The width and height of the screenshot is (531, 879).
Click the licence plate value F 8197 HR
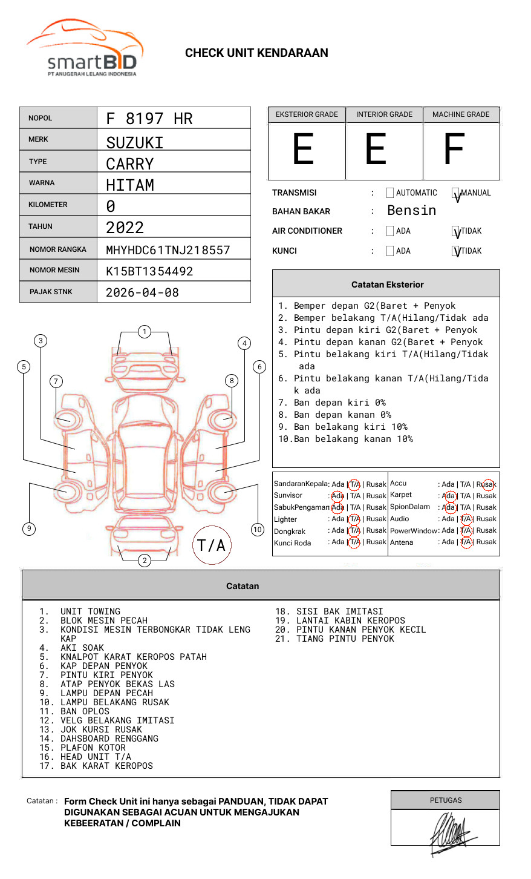tap(149, 119)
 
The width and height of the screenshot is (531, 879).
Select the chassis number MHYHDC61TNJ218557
tap(168, 250)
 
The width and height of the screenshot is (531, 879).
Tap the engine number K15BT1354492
tap(149, 271)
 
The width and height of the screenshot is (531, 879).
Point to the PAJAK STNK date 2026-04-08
tap(142, 292)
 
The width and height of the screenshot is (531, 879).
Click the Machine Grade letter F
tap(454, 149)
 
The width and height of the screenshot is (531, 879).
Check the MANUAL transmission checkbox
tap(455, 193)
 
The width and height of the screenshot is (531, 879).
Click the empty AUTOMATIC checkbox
tap(390, 193)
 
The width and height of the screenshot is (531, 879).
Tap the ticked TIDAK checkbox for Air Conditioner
tap(455, 231)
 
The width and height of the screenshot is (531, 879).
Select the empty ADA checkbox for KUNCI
tap(390, 251)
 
